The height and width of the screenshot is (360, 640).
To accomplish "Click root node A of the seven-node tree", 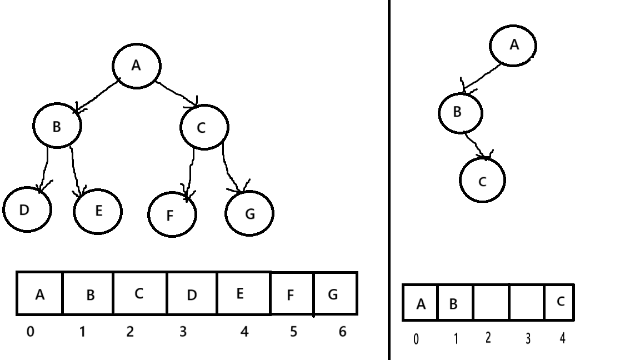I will pos(136,66).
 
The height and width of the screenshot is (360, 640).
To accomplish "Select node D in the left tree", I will pos(27,210).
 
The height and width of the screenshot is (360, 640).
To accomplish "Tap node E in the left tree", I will pos(98,211).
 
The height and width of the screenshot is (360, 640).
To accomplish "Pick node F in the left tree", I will pos(172,214).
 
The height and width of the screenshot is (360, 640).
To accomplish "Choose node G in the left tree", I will pos(249,213).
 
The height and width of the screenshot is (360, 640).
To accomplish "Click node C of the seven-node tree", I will pos(203,127).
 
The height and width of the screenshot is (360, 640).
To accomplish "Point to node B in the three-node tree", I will pos(460,113).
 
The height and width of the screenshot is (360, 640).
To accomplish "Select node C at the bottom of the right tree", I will pos(482,180).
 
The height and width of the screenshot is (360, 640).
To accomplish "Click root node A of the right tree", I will pos(513,46).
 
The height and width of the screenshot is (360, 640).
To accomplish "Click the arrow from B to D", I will pos(44,169).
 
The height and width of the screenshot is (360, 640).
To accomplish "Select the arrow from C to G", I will pos(232,167).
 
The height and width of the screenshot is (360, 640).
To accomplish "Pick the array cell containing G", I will pos(335,294).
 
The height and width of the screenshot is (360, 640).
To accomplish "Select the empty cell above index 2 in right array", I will pos(491,303).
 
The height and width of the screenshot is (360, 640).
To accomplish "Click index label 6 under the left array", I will pos(342,332).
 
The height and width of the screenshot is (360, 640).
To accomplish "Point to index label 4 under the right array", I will pos(562,338).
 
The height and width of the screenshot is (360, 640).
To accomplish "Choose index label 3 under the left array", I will pos(183,332).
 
